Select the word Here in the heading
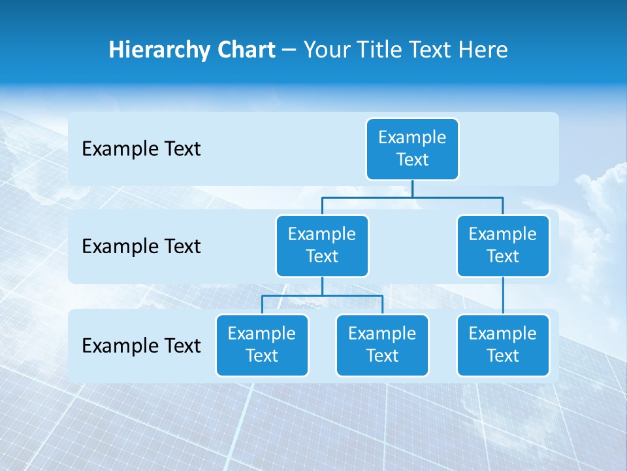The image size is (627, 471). coord(483,50)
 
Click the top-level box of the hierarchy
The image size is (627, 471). coord(412,149)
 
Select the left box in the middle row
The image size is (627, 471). coord(322,245)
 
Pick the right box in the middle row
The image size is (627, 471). coord(503,245)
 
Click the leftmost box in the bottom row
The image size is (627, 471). coord(262,345)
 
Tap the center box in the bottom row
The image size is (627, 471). coord(382,345)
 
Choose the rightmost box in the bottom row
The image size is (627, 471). coord(503,345)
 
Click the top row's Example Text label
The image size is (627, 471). coord(141,149)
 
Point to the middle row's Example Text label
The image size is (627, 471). coord(141,247)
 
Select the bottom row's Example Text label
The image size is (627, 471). coord(141,345)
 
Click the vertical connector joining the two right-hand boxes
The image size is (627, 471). coord(503,296)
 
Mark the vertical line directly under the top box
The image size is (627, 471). coord(412,188)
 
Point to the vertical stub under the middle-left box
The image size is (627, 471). coord(322,286)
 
